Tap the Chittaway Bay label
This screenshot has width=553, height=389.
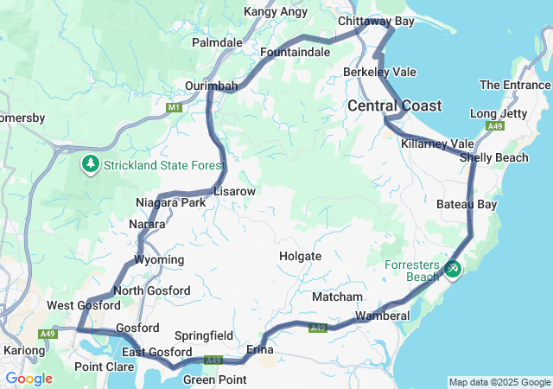tap(377, 20)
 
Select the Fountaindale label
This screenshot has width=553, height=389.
tap(296, 53)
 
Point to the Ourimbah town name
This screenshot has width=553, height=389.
tap(212, 86)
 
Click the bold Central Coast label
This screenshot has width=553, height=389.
tap(395, 105)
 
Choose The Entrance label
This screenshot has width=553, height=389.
tap(515, 85)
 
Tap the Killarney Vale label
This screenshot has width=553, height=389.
tap(438, 143)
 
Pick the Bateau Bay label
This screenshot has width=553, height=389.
tap(467, 205)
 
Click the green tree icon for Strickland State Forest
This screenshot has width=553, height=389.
tap(91, 163)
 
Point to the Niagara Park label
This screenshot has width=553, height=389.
tap(170, 202)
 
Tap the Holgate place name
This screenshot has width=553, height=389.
tap(300, 256)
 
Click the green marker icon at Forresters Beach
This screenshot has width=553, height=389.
tap(452, 270)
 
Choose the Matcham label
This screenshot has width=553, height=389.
tap(331, 297)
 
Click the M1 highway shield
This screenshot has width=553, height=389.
tap(175, 107)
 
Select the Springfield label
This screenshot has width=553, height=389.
tap(204, 335)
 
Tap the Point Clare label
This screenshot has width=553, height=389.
tap(104, 367)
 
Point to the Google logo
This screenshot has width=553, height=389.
tap(29, 379)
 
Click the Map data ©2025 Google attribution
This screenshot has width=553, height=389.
tap(499, 382)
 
